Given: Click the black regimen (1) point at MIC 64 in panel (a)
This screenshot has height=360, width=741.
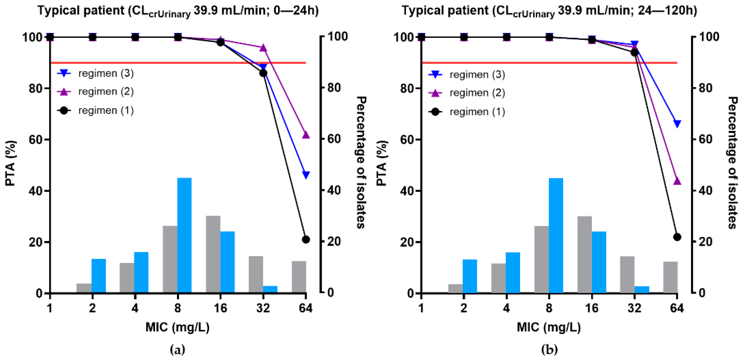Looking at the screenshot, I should (x=305, y=239).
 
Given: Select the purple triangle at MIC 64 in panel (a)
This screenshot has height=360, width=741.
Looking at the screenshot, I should (x=305, y=135).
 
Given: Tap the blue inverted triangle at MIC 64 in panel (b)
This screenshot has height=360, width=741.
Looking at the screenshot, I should (x=677, y=124).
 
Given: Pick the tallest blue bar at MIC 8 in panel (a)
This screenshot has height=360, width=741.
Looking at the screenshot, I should (x=184, y=235).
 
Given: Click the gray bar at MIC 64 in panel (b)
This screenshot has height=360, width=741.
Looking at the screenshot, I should (x=670, y=277).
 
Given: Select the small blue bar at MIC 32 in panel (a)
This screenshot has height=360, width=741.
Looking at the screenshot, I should (x=270, y=289).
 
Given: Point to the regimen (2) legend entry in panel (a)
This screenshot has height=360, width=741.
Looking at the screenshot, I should (x=106, y=91).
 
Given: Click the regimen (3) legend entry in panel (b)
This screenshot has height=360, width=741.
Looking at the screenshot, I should (x=477, y=75).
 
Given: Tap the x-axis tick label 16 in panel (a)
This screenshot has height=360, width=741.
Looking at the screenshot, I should (x=220, y=308).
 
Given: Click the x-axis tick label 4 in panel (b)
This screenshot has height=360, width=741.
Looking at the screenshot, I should (x=506, y=308).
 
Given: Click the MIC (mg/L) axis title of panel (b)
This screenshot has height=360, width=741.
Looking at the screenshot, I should (x=548, y=327).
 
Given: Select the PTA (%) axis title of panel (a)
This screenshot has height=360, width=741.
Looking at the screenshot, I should (x=11, y=163).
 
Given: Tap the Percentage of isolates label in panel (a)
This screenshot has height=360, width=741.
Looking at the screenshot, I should (x=361, y=163).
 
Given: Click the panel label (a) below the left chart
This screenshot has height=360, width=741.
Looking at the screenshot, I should (x=177, y=350).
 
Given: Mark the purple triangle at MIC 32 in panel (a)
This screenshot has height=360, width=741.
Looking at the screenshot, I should (x=263, y=48).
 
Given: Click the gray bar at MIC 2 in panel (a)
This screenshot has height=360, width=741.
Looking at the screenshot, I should (x=84, y=288).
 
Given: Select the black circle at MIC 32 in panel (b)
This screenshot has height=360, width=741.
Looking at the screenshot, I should (x=634, y=52).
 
